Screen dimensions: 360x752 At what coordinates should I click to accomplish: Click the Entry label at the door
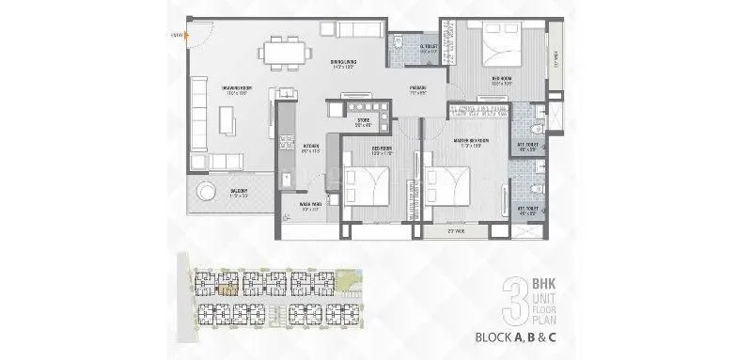coord(176,36)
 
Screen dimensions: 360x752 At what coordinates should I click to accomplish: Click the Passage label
coord(418,90)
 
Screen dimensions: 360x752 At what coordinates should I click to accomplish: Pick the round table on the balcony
coord(202,194)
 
